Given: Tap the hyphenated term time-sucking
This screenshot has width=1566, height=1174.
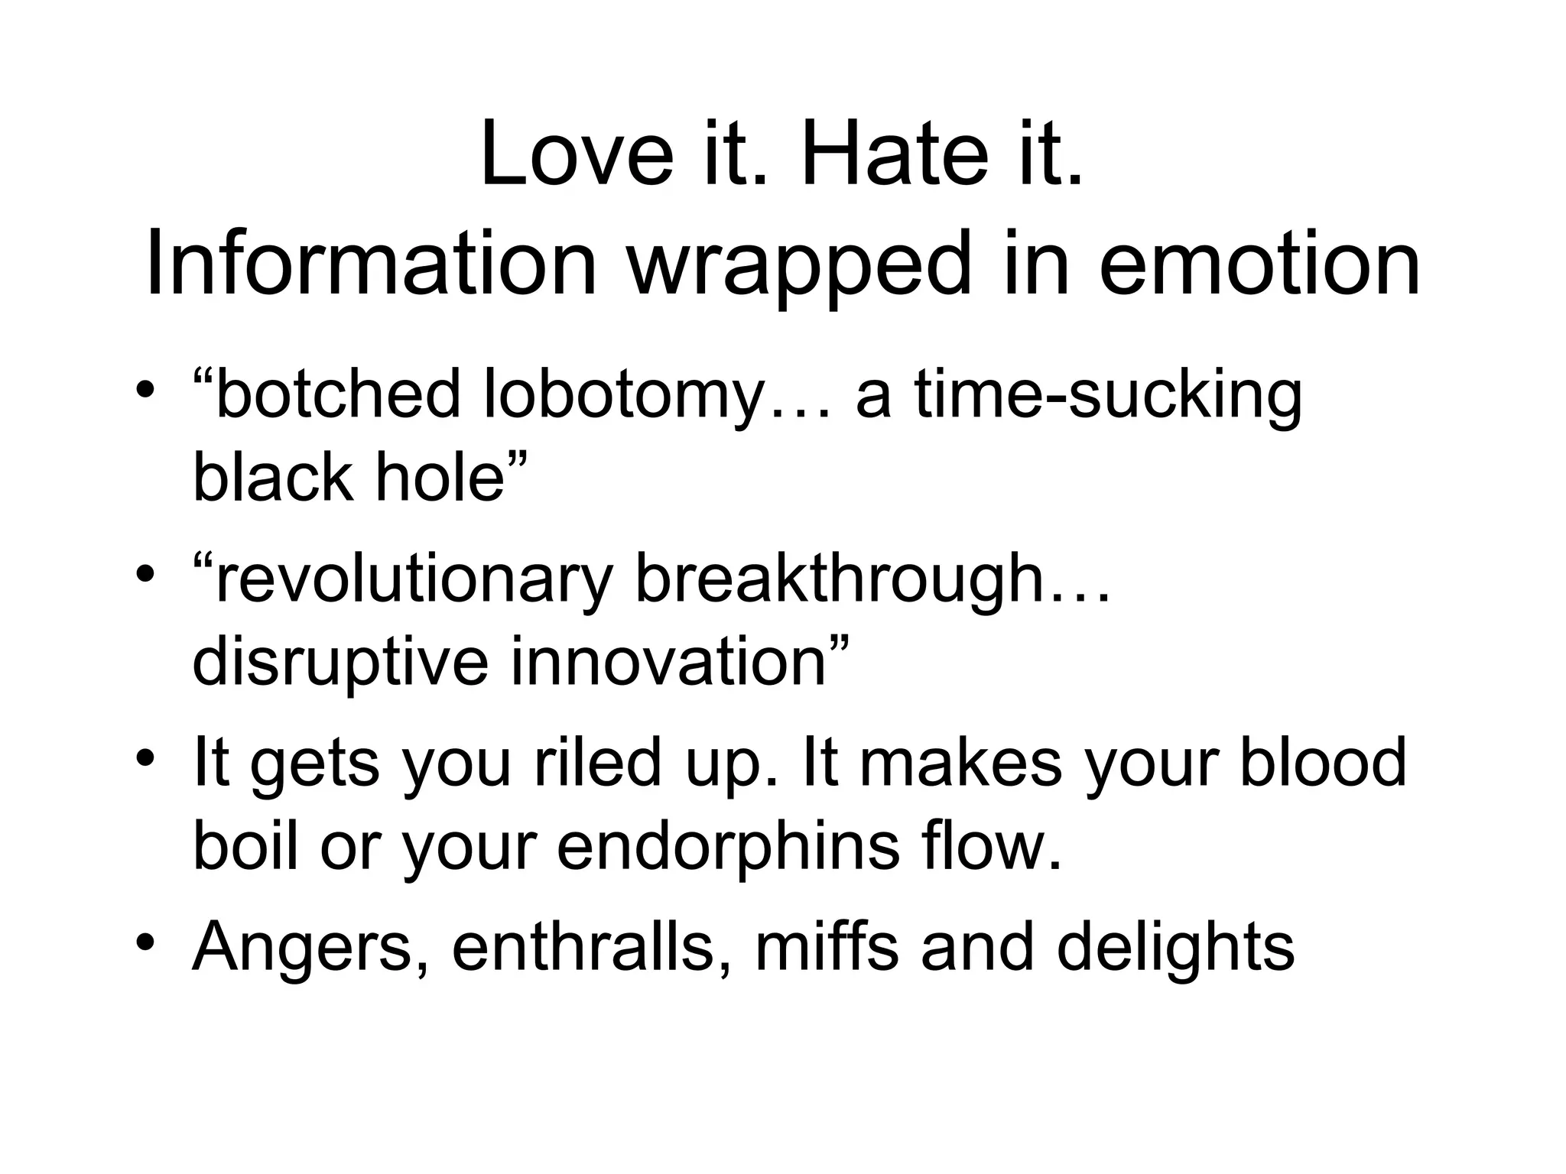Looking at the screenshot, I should point(1108,394).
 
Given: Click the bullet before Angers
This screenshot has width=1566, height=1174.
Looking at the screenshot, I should point(146,943).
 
